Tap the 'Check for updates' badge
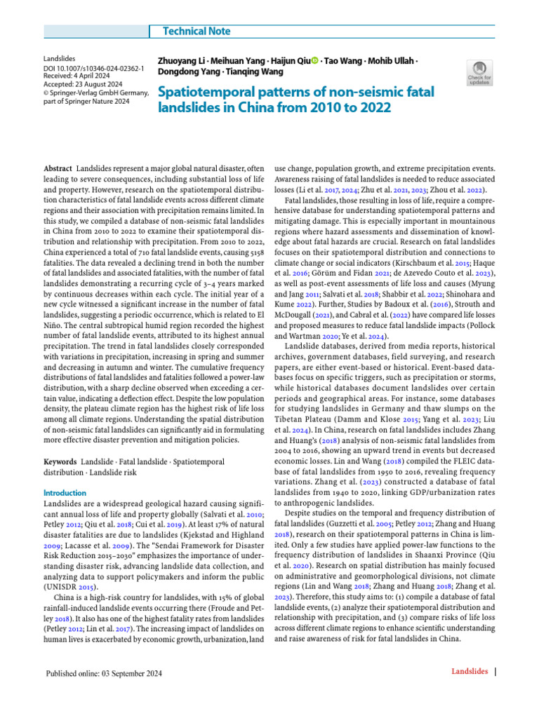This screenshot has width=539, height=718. click(479, 73)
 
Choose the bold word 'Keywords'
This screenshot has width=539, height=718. click(60, 463)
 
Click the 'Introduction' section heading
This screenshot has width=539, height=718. click(65, 493)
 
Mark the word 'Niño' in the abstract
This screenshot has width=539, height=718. click(54, 316)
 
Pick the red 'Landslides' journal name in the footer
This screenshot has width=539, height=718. click(470, 672)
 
